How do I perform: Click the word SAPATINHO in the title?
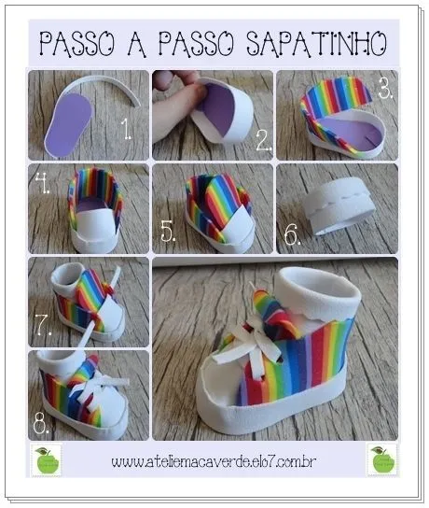coord(318,42)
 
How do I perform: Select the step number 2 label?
coord(262,140)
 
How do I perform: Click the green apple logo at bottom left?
coord(44,459)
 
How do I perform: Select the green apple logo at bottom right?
coord(381,459)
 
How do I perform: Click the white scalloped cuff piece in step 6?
coord(337,210)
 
